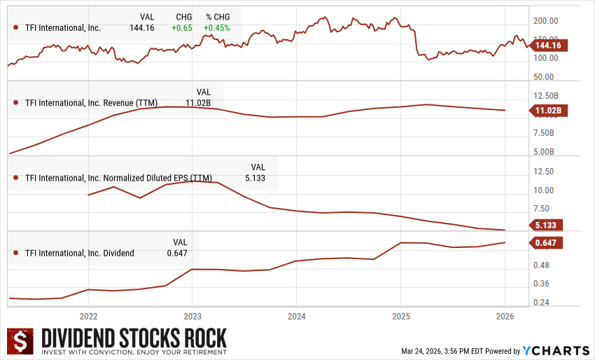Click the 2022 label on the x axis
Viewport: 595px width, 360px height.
pyautogui.click(x=88, y=315)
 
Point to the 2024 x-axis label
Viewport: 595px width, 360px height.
pyautogui.click(x=296, y=315)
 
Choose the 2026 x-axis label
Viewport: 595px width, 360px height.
pyautogui.click(x=505, y=315)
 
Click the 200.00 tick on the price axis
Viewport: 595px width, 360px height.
pyautogui.click(x=545, y=21)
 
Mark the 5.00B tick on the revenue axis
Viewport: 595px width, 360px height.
pyautogui.click(x=544, y=151)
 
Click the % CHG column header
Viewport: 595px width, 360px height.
pyautogui.click(x=218, y=16)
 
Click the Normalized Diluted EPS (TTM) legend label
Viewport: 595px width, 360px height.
pyautogui.click(x=118, y=178)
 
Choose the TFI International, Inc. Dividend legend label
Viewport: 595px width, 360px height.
pyautogui.click(x=79, y=253)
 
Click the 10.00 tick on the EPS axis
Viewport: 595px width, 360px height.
pyautogui.click(x=544, y=190)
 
